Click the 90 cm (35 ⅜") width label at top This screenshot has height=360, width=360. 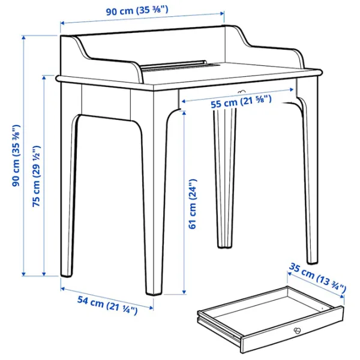point(137,11)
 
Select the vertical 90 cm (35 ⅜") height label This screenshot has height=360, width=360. point(16,155)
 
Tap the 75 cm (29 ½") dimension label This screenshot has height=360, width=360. point(36,176)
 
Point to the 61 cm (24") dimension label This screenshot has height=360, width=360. point(193,204)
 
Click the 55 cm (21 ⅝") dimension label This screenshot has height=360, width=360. point(241,102)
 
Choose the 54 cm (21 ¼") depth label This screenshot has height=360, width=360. point(107,305)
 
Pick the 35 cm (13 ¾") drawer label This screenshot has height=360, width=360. point(317,278)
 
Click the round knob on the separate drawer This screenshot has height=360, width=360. point(297,331)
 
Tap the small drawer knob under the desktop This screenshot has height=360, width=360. point(241,92)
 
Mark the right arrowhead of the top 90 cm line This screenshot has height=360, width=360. point(222,14)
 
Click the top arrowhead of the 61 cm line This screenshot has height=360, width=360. point(184,113)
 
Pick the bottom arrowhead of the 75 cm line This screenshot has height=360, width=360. point(44,274)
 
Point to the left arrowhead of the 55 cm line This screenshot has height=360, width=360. point(184,101)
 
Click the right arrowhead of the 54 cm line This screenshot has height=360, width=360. point(151,308)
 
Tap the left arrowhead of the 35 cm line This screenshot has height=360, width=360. point(290,274)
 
